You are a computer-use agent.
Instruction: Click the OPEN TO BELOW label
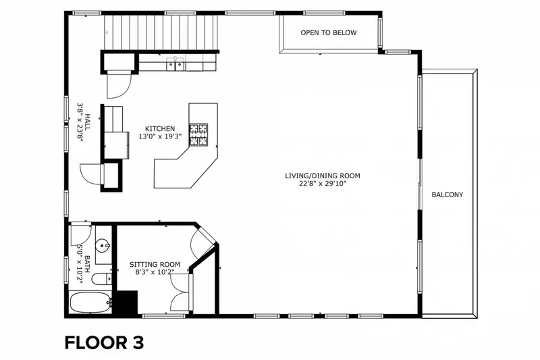[x=329, y=32]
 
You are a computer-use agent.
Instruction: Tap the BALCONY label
[x=448, y=195]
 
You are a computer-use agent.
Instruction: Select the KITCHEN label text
[x=160, y=129]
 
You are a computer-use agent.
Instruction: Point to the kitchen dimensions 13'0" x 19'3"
[x=160, y=136]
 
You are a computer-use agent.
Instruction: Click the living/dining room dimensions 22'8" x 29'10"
[x=323, y=184]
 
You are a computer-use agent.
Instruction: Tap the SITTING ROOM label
[x=155, y=265]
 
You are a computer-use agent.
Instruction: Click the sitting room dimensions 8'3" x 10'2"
[x=155, y=272]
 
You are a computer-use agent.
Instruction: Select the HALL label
[x=88, y=122]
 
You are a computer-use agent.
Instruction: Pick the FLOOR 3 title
[x=104, y=342]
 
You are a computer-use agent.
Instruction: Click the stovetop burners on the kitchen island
[x=198, y=134]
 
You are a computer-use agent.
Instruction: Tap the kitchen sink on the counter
[x=175, y=64]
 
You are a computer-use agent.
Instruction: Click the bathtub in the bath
[x=90, y=303]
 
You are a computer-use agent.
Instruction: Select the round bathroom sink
[x=103, y=246]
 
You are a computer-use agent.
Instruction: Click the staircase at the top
[x=161, y=32]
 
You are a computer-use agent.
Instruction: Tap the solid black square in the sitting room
[x=127, y=302]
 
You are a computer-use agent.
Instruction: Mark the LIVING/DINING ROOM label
[x=323, y=176]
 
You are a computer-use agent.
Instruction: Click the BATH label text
[x=87, y=264]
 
